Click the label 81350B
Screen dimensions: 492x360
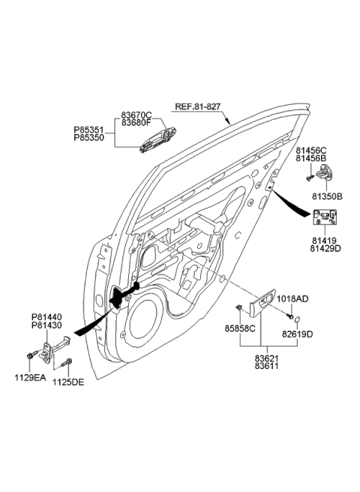[327, 196]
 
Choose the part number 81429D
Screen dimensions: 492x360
[326, 248]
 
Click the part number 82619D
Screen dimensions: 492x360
[298, 332]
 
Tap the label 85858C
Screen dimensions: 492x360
[241, 328]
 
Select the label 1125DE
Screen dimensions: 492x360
[67, 382]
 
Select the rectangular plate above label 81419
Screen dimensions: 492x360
[325, 218]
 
